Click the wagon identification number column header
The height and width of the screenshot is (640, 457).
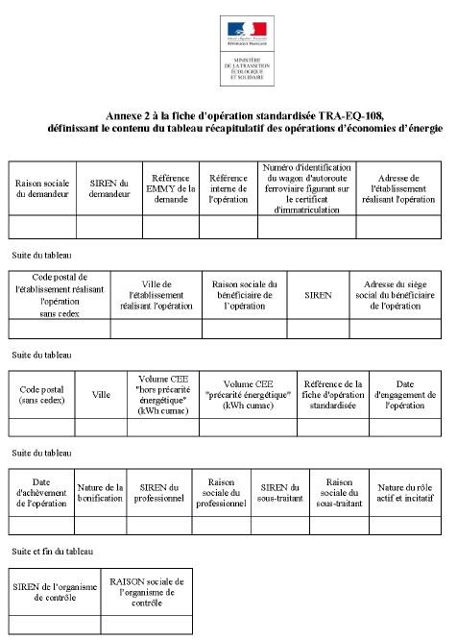[306, 187]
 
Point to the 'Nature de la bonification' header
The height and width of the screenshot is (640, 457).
[100, 492]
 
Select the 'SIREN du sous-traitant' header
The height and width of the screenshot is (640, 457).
[280, 492]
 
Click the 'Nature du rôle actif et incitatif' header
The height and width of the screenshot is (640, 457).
[405, 492]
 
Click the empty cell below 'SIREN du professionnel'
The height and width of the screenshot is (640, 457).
[160, 525]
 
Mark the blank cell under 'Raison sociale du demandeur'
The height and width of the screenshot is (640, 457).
[42, 227]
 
